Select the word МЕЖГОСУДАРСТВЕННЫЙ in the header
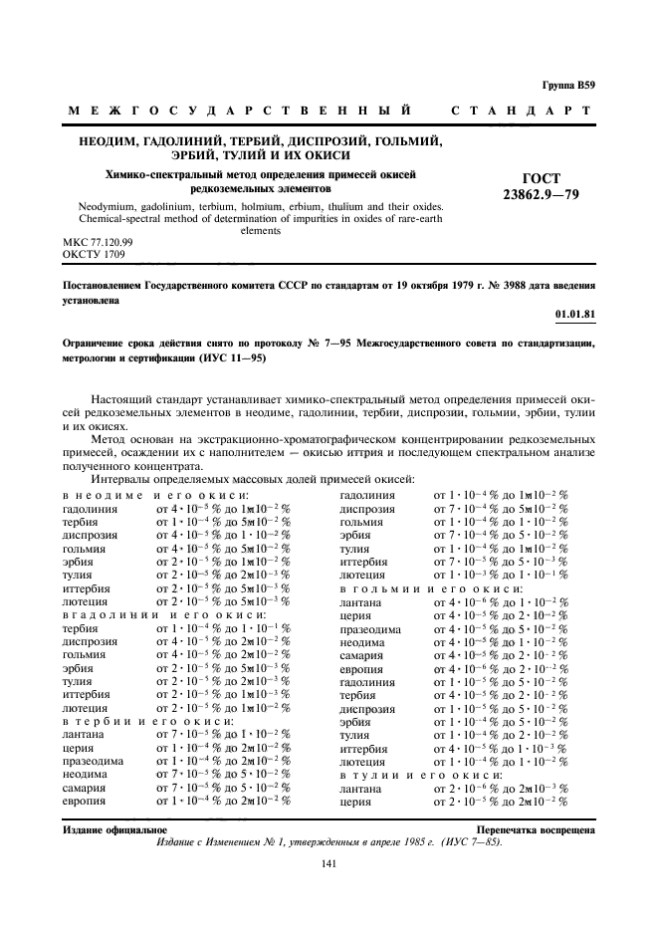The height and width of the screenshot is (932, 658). click(239, 109)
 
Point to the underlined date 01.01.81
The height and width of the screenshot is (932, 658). click(575, 316)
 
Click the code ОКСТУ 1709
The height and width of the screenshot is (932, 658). click(94, 254)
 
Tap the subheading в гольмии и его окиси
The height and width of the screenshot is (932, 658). click(431, 588)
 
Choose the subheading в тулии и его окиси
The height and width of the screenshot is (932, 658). click(421, 774)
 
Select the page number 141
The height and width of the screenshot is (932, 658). click(329, 864)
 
